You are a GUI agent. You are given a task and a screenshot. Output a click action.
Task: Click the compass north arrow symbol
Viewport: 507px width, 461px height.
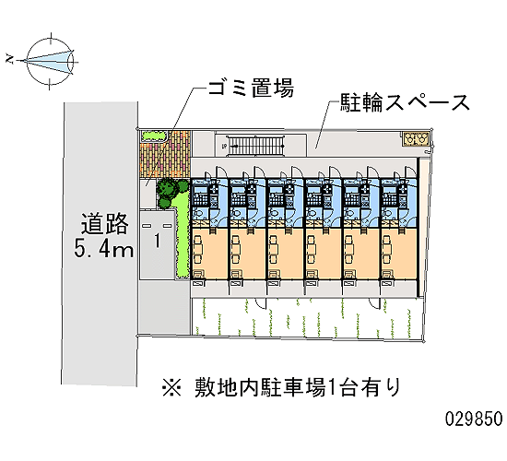[49, 61]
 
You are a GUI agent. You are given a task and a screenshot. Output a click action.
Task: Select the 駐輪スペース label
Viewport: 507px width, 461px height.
[404, 102]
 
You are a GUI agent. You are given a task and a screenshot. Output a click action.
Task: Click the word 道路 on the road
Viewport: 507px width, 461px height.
[104, 223]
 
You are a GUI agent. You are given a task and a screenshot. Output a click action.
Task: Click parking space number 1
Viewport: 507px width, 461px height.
[157, 241]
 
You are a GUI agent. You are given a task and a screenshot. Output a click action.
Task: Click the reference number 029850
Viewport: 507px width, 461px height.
[474, 419]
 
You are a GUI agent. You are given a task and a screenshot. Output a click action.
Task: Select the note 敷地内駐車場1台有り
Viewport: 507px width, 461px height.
[297, 387]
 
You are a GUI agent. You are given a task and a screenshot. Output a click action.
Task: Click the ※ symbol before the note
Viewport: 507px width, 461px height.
[172, 387]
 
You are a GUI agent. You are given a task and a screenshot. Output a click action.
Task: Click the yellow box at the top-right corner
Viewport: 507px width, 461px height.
[416, 139]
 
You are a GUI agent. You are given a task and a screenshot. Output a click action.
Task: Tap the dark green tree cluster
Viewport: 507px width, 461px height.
[171, 193]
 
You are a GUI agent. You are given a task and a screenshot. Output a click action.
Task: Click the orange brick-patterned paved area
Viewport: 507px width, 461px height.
[165, 155]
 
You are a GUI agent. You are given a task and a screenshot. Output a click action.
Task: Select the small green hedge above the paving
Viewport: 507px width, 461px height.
[154, 136]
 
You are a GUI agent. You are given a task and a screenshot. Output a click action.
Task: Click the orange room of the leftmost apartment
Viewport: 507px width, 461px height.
[210, 254]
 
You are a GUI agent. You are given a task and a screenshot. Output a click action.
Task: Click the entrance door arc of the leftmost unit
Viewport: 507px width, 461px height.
[220, 171]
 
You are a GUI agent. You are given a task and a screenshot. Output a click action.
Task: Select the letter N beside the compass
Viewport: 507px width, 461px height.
[11, 59]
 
